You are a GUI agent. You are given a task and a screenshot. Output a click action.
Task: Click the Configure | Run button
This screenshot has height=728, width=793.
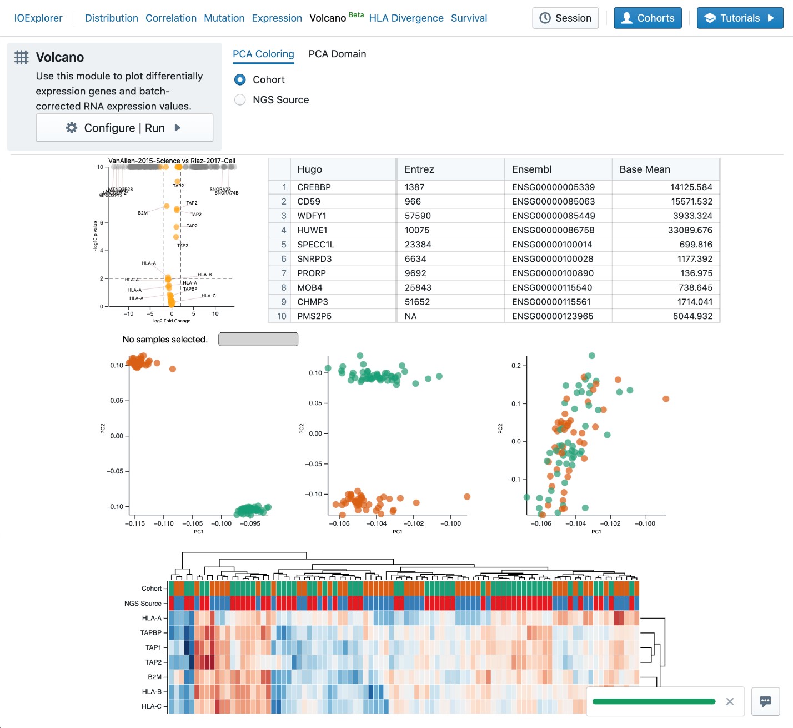pos(124,128)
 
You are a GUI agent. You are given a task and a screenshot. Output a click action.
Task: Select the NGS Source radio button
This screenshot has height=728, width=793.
pos(240,100)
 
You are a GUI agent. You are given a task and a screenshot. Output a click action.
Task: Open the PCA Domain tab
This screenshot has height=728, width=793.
pos(337,54)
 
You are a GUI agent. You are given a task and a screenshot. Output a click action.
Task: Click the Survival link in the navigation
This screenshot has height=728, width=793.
pos(469,18)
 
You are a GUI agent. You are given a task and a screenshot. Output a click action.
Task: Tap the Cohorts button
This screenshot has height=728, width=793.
pos(648,18)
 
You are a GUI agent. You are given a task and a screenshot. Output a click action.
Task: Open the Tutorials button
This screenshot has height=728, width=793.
pos(740,18)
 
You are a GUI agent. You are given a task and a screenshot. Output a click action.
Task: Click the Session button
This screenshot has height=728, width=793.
pos(565,18)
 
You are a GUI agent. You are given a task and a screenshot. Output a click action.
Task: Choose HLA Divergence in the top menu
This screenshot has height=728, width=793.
pos(406,18)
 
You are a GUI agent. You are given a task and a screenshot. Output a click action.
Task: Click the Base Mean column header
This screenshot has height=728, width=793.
pos(645,169)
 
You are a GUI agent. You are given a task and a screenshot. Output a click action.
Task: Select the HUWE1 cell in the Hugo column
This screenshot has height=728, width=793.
pos(312,230)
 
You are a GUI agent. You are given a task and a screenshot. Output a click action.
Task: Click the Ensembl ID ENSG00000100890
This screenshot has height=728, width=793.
pos(553,273)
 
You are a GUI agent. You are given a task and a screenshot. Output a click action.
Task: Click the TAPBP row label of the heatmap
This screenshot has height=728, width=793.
pos(151,633)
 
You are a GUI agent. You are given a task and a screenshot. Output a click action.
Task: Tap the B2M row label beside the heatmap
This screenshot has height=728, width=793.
pos(154,677)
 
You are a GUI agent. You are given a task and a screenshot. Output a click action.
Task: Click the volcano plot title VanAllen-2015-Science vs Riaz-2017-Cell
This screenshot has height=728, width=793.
pos(172,161)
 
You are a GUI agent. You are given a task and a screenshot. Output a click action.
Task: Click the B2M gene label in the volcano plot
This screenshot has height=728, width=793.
pos(143,213)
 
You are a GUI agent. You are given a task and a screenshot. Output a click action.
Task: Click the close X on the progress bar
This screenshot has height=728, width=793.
pos(730,701)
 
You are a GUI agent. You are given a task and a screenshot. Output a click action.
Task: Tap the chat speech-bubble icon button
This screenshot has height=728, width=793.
pos(765,701)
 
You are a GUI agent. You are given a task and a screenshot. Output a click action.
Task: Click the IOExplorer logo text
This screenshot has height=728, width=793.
pos(38,18)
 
